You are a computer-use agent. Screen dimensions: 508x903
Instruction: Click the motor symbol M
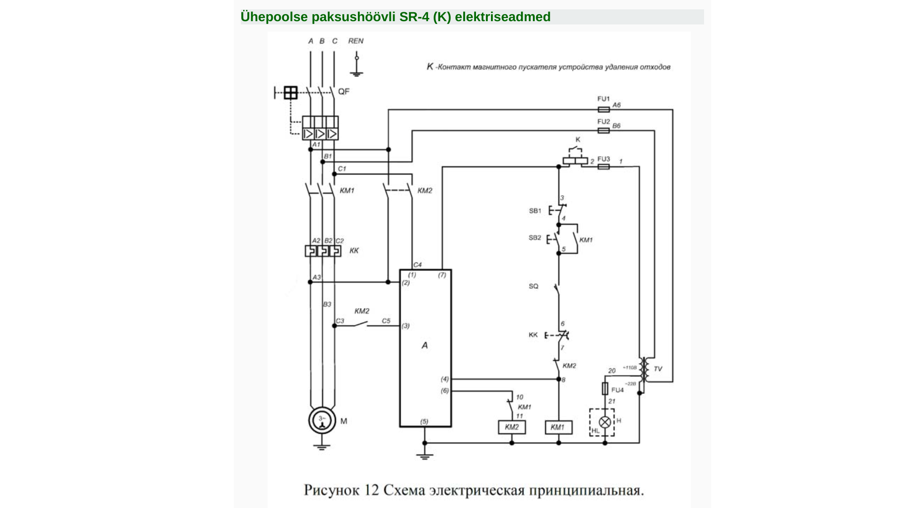[x=322, y=420]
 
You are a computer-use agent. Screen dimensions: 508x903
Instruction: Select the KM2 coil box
[x=512, y=427]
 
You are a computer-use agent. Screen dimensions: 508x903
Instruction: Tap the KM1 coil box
[x=558, y=427]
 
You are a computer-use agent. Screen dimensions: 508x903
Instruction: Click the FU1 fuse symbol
[x=603, y=110]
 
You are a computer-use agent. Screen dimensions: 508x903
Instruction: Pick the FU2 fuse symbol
[x=603, y=130]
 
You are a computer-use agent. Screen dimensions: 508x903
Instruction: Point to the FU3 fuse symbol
[x=603, y=167]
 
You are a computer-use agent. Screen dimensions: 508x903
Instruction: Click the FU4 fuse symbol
[x=605, y=389]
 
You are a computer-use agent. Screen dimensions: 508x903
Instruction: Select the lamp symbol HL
[x=605, y=422]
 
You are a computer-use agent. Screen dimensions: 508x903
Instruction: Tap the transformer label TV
[x=658, y=369]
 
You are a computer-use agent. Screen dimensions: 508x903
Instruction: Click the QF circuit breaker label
[x=344, y=91]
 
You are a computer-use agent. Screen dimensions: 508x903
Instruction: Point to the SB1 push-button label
[x=535, y=211]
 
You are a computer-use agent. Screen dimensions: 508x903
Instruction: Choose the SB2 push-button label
[x=535, y=238]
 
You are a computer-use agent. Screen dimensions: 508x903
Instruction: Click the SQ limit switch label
[x=533, y=286]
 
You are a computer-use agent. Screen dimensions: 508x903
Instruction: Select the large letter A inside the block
[x=425, y=345]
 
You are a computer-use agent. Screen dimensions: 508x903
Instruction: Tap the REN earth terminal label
[x=356, y=41]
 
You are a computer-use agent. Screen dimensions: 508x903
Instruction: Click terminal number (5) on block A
[x=424, y=421]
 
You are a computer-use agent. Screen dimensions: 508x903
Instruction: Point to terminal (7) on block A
[x=442, y=275]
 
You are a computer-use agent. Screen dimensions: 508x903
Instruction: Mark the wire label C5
[x=386, y=321]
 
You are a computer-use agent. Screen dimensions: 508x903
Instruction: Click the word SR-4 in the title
[x=414, y=17]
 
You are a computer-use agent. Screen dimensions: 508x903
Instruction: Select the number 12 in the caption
[x=371, y=490]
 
